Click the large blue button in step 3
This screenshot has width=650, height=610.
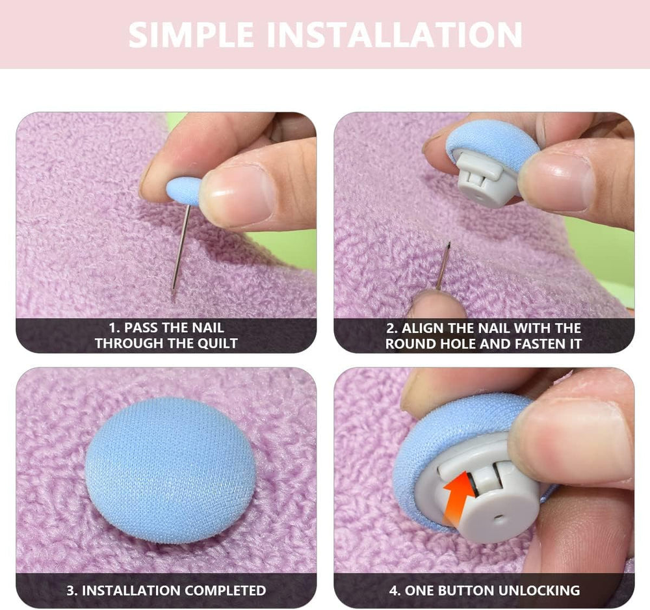[x=170, y=470]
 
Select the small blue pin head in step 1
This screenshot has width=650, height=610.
[x=184, y=191]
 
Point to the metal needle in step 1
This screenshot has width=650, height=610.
[x=181, y=247]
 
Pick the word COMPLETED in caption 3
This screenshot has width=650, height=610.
[x=226, y=590]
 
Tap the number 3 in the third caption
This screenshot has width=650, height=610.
[x=70, y=590]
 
